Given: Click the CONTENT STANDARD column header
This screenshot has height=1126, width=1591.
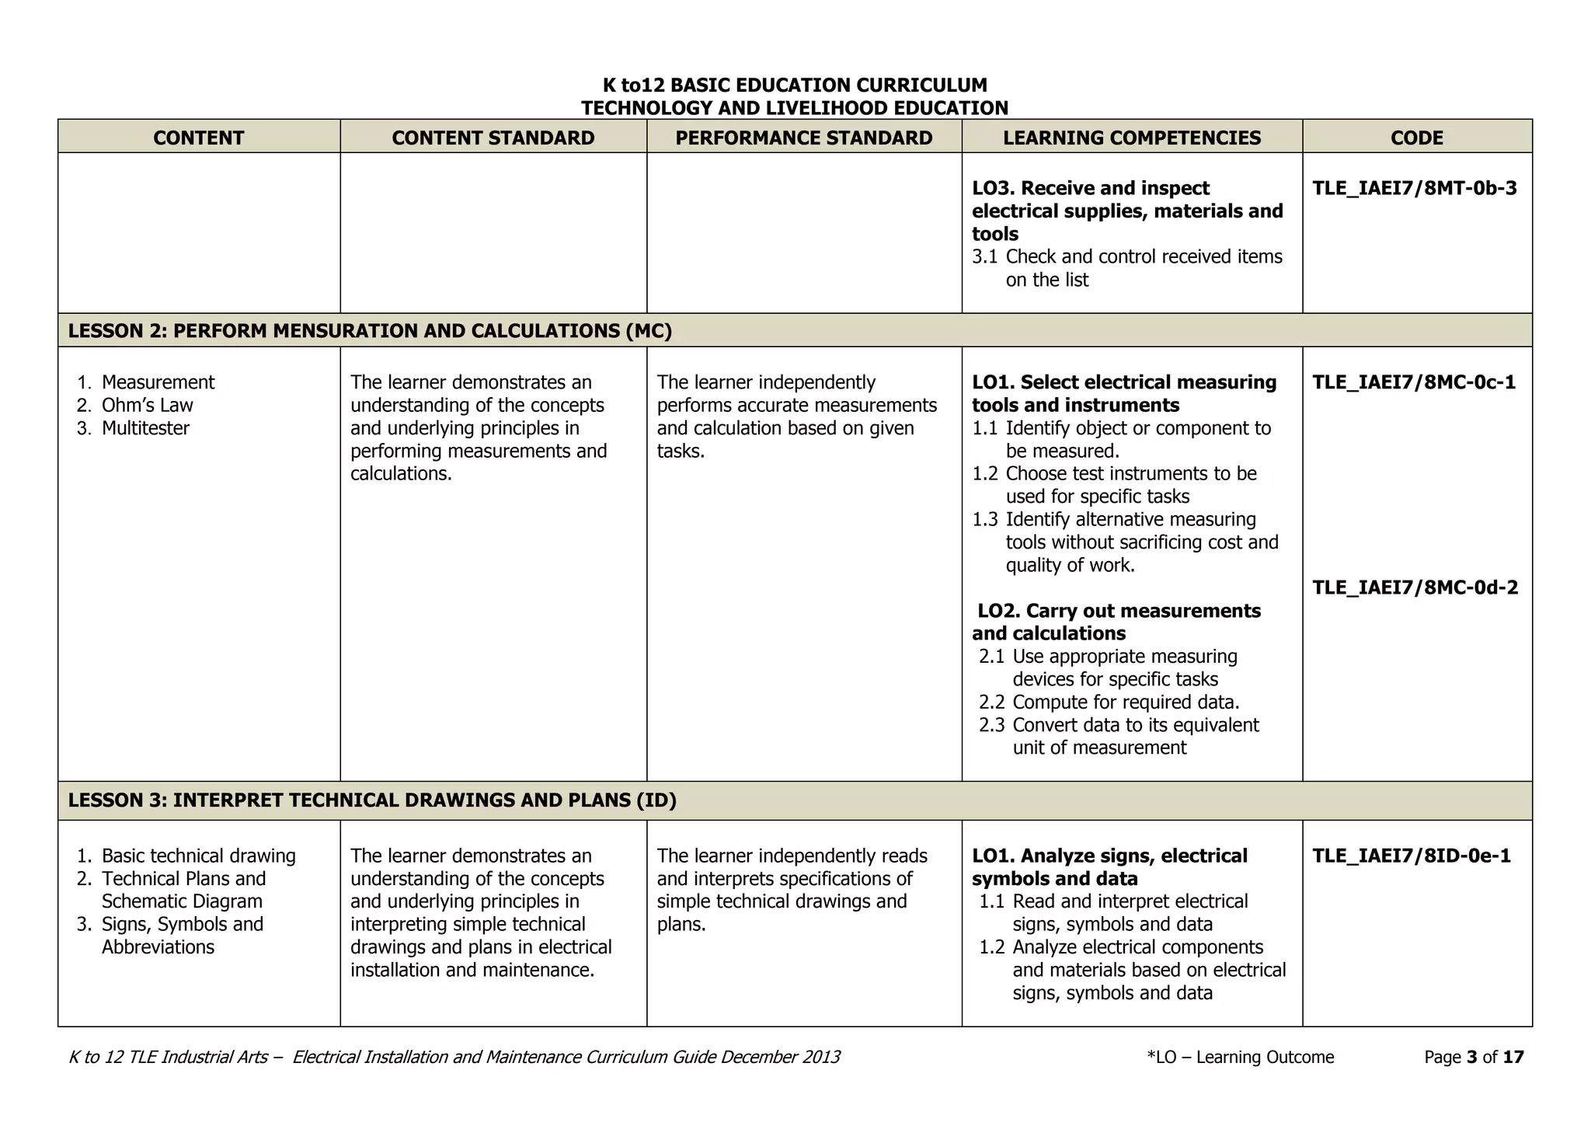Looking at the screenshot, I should pyautogui.click(x=493, y=138).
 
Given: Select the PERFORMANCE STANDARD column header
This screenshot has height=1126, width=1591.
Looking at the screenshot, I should pyautogui.click(x=803, y=138).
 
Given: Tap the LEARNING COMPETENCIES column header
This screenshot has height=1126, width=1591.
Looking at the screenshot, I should pyautogui.click(x=1131, y=138).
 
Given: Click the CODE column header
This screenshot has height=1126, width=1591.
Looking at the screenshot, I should pyautogui.click(x=1416, y=138).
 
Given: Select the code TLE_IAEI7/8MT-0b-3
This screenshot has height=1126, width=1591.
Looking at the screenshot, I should pyautogui.click(x=1414, y=188).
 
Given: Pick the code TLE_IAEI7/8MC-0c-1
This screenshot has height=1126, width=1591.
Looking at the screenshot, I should pyautogui.click(x=1413, y=382).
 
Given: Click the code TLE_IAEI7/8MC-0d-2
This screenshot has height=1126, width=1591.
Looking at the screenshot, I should pyautogui.click(x=1415, y=587).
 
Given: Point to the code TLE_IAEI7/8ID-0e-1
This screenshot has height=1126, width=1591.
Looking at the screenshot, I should pyautogui.click(x=1411, y=856).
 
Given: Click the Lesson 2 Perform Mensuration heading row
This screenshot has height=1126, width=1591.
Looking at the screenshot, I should pyautogui.click(x=370, y=331).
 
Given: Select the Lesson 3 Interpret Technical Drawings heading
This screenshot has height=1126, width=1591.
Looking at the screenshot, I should pyautogui.click(x=372, y=800).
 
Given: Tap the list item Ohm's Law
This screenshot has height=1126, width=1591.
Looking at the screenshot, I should pyautogui.click(x=147, y=405).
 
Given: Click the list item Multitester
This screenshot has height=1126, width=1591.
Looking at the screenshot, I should pyautogui.click(x=145, y=428).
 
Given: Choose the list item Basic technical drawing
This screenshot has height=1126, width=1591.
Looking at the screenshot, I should pyautogui.click(x=198, y=856).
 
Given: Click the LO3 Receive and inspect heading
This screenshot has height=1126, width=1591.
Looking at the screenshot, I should pyautogui.click(x=1126, y=211).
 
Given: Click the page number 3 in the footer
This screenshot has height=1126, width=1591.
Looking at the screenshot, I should pyautogui.click(x=1471, y=1057).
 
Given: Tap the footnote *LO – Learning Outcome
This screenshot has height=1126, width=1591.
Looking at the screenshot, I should pyautogui.click(x=1240, y=1057).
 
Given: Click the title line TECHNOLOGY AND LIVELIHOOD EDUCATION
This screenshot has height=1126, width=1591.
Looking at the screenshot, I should pyautogui.click(x=794, y=108).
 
